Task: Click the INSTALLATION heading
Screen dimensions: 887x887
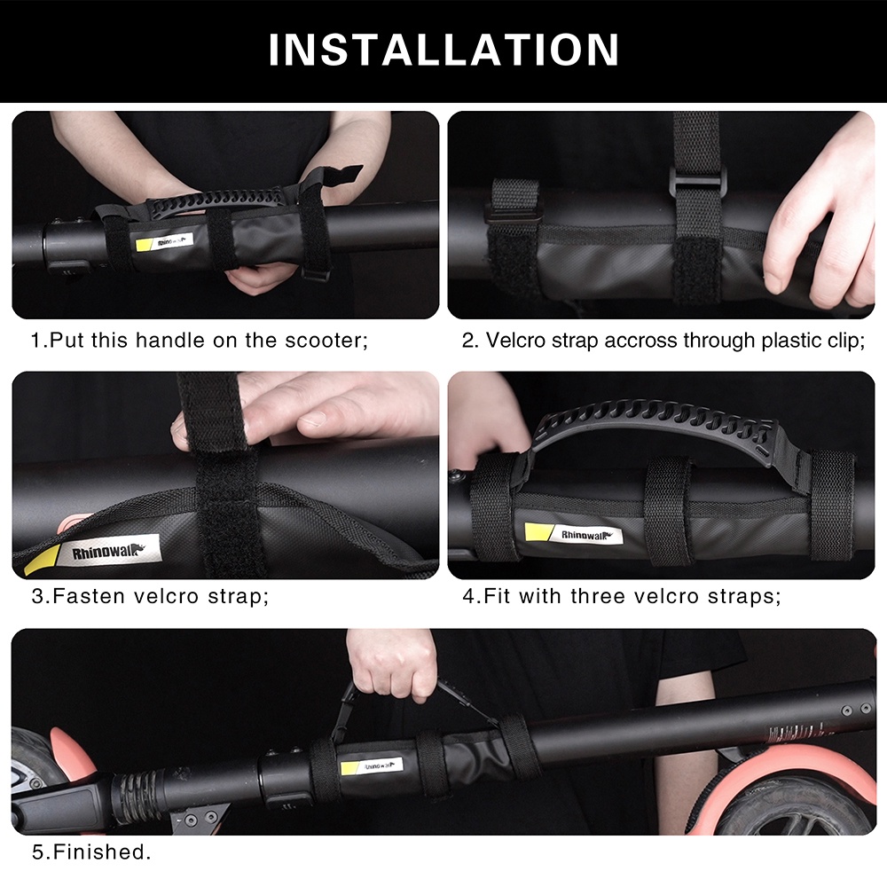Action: (x=443, y=50)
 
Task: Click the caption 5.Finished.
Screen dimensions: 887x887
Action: (x=91, y=852)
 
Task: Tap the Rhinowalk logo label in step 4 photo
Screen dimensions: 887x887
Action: (x=573, y=533)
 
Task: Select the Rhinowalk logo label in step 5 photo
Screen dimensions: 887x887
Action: (x=371, y=766)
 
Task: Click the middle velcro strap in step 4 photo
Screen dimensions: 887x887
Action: (x=668, y=512)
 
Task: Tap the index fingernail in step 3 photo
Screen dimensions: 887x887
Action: (x=313, y=420)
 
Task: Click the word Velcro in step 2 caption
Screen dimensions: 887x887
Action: (x=513, y=341)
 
